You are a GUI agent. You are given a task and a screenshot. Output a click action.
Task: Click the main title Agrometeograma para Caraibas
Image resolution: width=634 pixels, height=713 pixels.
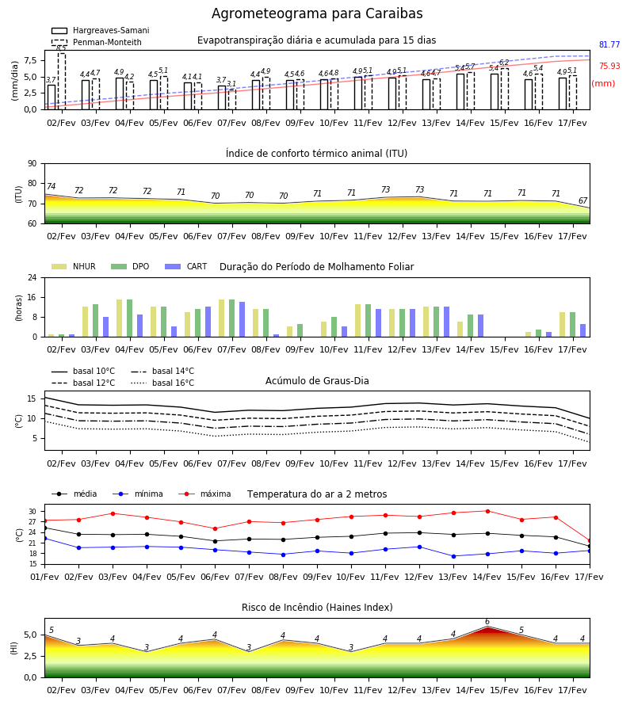(317, 13)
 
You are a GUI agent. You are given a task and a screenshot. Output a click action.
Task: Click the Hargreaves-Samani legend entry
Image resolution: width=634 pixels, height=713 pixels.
(100, 30)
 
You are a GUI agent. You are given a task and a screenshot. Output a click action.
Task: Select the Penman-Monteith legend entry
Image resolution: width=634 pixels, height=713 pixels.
(97, 42)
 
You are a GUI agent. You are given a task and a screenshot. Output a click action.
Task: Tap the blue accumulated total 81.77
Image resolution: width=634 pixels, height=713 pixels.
(609, 44)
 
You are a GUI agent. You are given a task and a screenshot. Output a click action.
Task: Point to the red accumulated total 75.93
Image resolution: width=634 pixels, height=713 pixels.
(609, 66)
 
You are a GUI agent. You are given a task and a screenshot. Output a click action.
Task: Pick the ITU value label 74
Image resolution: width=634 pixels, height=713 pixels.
(51, 186)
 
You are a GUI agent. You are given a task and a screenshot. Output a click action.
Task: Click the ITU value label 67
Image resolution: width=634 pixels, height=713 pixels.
(582, 200)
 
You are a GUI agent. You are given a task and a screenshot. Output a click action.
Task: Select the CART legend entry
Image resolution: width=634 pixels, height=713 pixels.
(186, 266)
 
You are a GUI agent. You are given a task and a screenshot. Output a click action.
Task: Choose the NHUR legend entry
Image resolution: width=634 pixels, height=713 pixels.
(74, 266)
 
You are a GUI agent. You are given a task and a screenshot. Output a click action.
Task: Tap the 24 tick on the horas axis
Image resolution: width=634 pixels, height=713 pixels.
(32, 277)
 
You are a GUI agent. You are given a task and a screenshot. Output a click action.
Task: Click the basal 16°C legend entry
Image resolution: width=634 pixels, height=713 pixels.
(162, 383)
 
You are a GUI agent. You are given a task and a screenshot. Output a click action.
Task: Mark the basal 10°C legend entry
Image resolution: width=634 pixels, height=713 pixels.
(83, 371)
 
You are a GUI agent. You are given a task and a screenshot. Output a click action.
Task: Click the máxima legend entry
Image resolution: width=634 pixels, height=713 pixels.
(204, 494)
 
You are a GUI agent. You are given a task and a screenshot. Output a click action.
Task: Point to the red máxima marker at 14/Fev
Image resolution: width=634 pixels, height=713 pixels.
(487, 511)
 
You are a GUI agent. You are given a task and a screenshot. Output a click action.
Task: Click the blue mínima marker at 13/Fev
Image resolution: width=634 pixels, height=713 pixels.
(453, 556)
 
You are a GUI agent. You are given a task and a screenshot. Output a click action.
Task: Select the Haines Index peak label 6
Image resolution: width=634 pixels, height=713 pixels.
(487, 622)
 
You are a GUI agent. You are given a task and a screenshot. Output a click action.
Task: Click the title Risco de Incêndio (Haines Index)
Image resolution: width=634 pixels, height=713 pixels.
(317, 608)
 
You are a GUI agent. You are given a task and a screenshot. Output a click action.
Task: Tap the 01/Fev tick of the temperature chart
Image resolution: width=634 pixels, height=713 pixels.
(44, 577)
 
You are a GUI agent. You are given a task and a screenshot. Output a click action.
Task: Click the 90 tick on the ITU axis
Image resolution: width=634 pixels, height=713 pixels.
(32, 164)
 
